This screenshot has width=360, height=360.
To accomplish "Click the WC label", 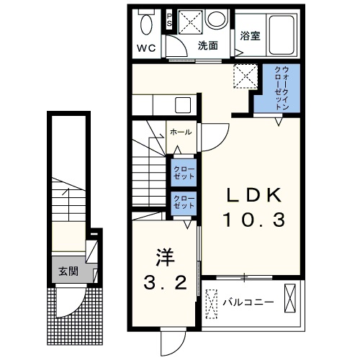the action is pyautogui.click(x=146, y=48).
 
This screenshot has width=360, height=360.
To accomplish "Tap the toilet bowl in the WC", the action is pyautogui.click(x=146, y=24).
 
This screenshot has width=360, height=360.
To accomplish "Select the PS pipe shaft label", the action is pyautogui.click(x=170, y=20).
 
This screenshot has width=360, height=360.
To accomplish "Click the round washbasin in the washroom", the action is pyautogui.click(x=216, y=19).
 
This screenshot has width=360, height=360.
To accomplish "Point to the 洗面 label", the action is pyautogui.click(x=208, y=45).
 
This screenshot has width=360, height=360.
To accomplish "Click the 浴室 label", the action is pyautogui.click(x=251, y=36).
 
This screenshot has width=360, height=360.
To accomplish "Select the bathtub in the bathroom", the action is pyautogui.click(x=282, y=35).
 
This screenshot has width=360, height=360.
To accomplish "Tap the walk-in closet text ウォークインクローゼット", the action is pyautogui.click(x=282, y=88).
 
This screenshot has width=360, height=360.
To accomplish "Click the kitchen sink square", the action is pyautogui.click(x=183, y=105).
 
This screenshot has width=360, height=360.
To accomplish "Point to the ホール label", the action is pyautogui.click(x=181, y=132).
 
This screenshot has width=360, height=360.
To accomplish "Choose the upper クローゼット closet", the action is pyautogui.click(x=184, y=173).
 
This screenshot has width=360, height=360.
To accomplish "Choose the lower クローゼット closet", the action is pyautogui.click(x=184, y=203).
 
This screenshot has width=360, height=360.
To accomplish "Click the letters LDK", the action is pyautogui.click(x=253, y=194).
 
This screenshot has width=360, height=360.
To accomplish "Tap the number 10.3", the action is pyautogui.click(x=254, y=220).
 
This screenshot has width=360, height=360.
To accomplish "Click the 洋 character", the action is pyautogui.click(x=165, y=257).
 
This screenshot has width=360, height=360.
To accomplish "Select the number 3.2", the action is pyautogui.click(x=165, y=282).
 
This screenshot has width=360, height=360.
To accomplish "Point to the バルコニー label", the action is pyautogui.click(x=248, y=302).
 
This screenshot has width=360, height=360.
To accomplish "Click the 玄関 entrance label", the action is pyautogui.click(x=68, y=271).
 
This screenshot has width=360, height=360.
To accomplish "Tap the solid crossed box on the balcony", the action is pyautogui.click(x=290, y=298).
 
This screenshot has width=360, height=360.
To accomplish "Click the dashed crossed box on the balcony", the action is pyautogui.click(x=212, y=304).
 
